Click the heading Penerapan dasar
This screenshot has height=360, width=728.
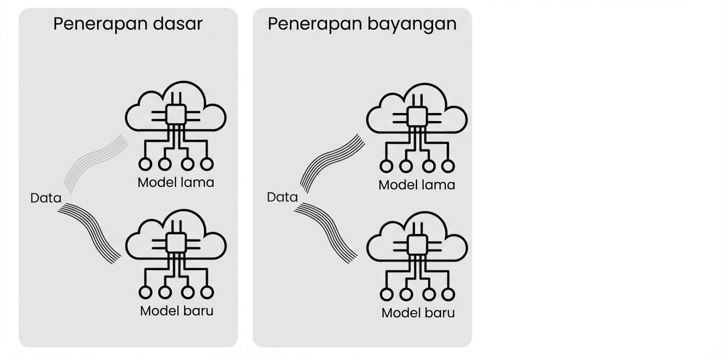pyautogui.click(x=127, y=24)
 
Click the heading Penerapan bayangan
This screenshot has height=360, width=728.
pyautogui.click(x=362, y=24)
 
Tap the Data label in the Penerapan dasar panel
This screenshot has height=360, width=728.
pyautogui.click(x=45, y=198)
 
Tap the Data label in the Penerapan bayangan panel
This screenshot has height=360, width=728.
pyautogui.click(x=282, y=197)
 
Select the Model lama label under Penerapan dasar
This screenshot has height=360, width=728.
pyautogui.click(x=175, y=182)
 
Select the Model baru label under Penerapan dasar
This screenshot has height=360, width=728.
pyautogui.click(x=176, y=310)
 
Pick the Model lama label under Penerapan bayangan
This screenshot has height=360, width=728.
pyautogui.click(x=416, y=185)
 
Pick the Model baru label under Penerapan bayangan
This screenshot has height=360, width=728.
pyautogui.click(x=418, y=313)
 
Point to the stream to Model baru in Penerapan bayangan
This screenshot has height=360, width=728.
pyautogui.click(x=327, y=231)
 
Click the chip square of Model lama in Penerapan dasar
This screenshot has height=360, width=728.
pyautogui.click(x=175, y=114)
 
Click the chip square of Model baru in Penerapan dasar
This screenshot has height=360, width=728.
pyautogui.click(x=175, y=242)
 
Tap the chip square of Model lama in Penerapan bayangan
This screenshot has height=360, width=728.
pyautogui.click(x=417, y=116)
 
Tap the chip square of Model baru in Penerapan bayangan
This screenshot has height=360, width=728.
pyautogui.click(x=417, y=245)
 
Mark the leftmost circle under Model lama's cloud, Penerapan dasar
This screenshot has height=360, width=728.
pyautogui.click(x=145, y=163)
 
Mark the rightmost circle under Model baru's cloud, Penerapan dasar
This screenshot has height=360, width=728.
pyautogui.click(x=207, y=292)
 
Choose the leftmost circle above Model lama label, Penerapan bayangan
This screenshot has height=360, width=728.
pyautogui.click(x=386, y=166)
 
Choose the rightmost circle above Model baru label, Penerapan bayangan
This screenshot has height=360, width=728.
pyautogui.click(x=448, y=294)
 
